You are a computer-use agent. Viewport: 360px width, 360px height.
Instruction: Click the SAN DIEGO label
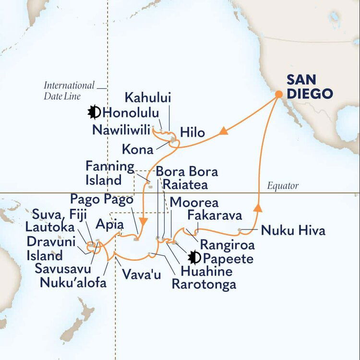coord(309,86)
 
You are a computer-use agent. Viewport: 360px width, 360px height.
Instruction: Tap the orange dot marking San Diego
coord(278,95)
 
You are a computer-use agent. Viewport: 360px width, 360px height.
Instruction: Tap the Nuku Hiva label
coord(293,231)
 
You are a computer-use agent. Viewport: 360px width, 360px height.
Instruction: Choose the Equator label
coord(282,186)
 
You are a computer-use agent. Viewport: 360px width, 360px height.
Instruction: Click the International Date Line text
coord(69,90)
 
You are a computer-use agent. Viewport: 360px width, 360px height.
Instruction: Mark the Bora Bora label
coord(187,171)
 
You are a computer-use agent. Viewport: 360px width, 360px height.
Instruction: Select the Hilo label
coord(192,132)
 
